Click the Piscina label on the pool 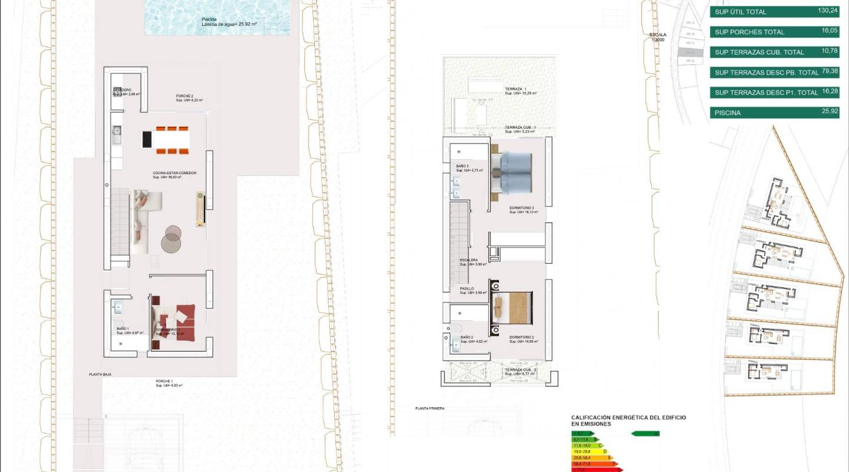(x=209, y=19)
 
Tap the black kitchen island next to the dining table (x=147, y=140)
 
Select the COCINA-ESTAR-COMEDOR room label (x=175, y=173)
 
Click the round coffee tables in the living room (x=171, y=238)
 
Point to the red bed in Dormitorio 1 (x=180, y=322)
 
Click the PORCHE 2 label (x=185, y=96)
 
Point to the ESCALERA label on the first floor (x=469, y=260)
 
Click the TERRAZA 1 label (x=516, y=89)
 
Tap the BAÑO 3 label (x=462, y=166)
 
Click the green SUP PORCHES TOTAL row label (x=749, y=32)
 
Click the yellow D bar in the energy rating (x=590, y=451)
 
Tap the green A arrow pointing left (x=645, y=434)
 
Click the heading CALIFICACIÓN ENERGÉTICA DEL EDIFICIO (x=628, y=418)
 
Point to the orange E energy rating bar (x=592, y=458)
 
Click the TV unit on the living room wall (x=200, y=209)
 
